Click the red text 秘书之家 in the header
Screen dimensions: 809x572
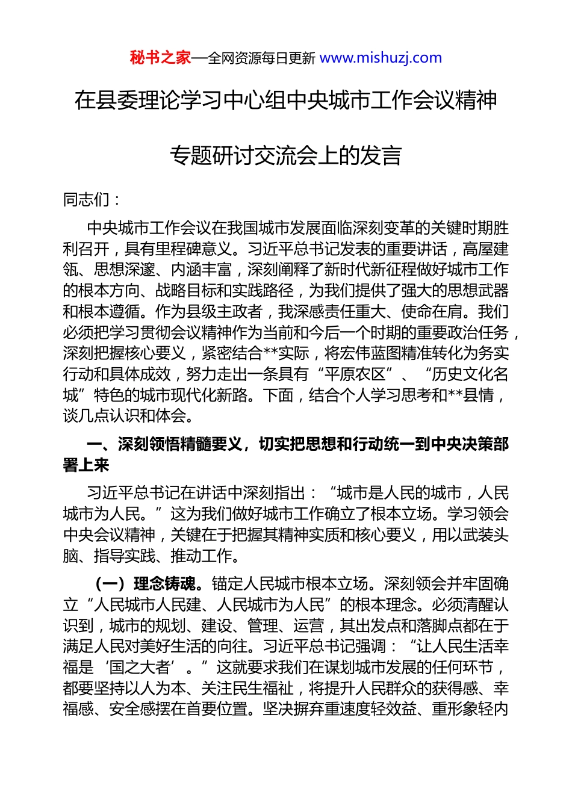point(160,58)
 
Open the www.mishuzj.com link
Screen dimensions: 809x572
point(381,58)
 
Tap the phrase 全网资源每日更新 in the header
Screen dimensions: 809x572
point(261,58)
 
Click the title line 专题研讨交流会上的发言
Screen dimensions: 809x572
point(285,155)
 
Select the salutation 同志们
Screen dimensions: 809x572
point(86,199)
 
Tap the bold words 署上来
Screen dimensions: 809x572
point(86,465)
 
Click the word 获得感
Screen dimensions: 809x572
point(456,688)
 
